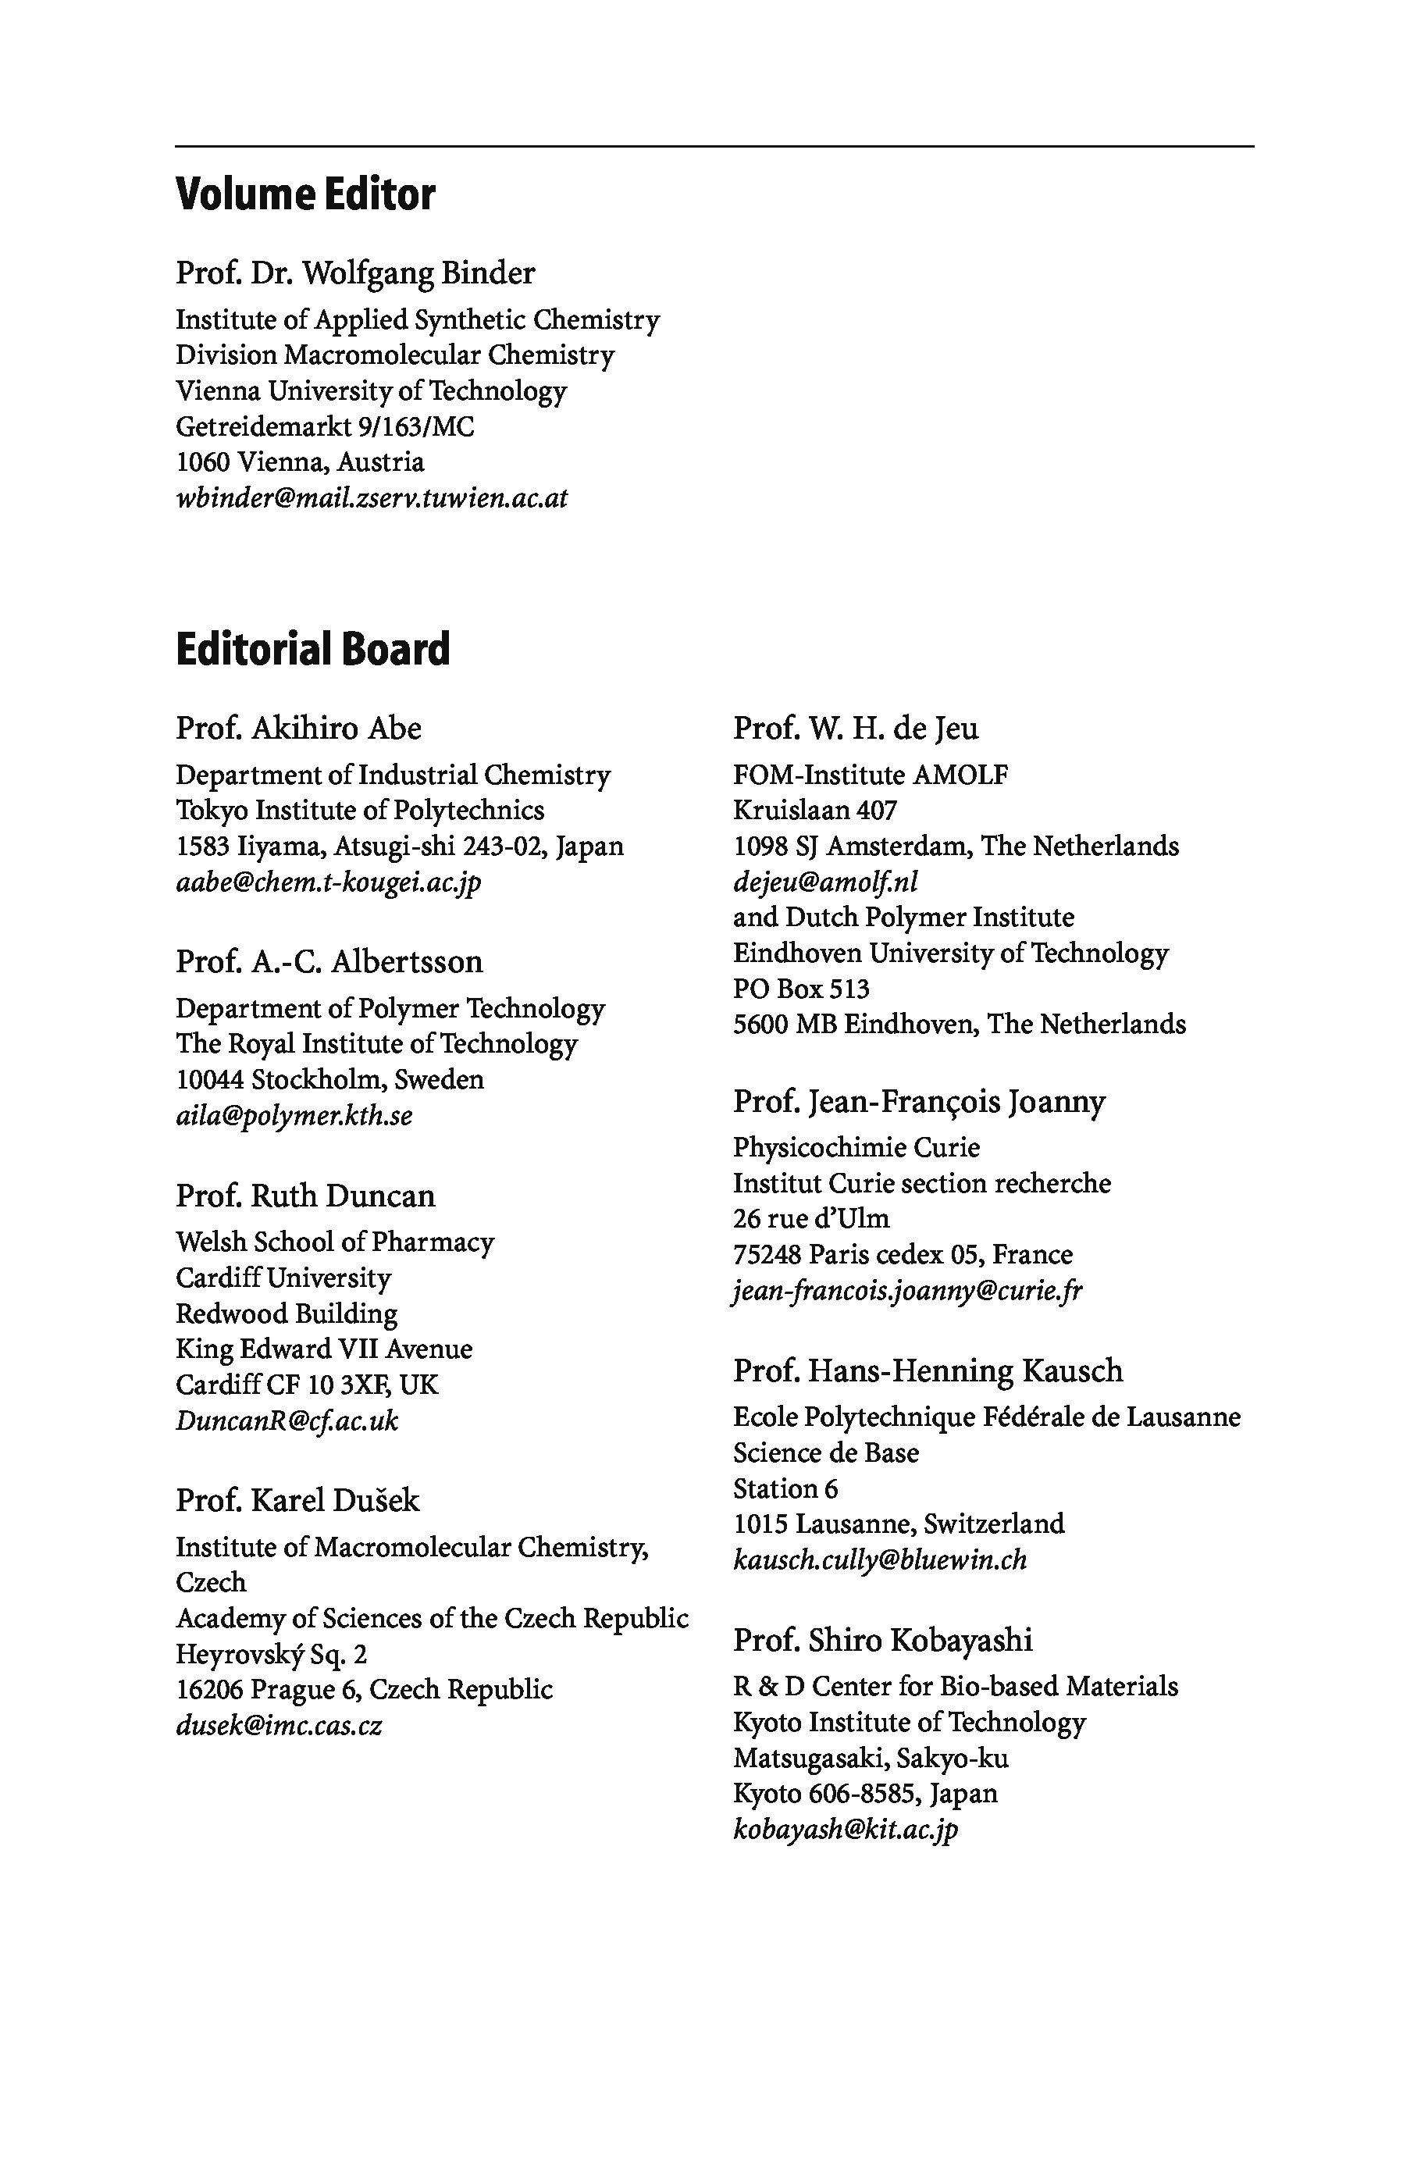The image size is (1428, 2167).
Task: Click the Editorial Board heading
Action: [312, 650]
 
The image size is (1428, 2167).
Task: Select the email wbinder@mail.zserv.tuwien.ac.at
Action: [372, 498]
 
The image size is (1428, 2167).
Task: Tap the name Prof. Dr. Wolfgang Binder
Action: [355, 273]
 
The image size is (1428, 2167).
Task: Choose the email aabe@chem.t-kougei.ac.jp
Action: [328, 882]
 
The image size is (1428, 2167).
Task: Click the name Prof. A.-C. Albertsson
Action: [329, 962]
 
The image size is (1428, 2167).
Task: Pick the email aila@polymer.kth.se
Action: [294, 1115]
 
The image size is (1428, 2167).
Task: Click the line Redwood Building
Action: [287, 1313]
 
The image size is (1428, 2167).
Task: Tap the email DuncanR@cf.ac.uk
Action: [287, 1420]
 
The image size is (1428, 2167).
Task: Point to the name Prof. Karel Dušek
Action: [297, 1500]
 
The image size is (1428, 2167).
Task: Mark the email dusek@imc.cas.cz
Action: [279, 1725]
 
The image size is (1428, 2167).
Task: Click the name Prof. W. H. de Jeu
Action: [855, 729]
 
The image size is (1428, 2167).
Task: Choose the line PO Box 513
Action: [800, 989]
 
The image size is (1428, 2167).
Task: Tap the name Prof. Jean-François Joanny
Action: [919, 1101]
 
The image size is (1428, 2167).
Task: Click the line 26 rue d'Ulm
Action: [810, 1219]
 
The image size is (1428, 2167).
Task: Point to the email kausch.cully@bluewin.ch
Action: [880, 1559]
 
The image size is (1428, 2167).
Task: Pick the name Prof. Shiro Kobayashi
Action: [882, 1640]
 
